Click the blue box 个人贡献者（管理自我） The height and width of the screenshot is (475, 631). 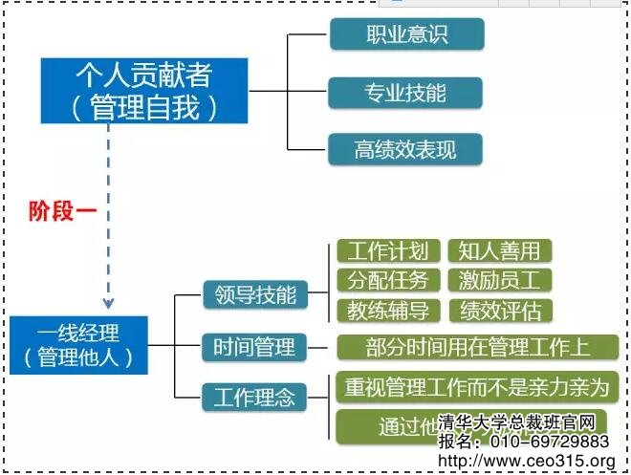[144, 91]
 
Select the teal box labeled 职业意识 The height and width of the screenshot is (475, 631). [406, 35]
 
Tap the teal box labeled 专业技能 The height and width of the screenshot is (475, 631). [405, 93]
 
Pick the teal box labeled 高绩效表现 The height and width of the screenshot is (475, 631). [405, 149]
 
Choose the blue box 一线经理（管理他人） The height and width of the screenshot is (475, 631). [80, 346]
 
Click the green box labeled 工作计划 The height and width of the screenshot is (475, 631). [387, 251]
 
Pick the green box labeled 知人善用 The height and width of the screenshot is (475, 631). [499, 251]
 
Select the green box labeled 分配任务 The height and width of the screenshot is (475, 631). [387, 281]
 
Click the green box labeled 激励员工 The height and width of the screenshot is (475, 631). [499, 281]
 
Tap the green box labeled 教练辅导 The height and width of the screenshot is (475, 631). [387, 311]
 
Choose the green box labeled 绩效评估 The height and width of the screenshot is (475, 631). [499, 311]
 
